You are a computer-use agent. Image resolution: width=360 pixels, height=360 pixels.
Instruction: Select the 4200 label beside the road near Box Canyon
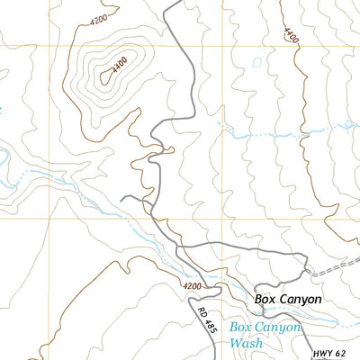click(x=191, y=286)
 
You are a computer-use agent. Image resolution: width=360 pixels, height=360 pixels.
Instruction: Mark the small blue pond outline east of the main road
click(x=258, y=64)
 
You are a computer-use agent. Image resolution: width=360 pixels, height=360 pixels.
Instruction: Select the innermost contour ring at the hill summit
click(x=109, y=76)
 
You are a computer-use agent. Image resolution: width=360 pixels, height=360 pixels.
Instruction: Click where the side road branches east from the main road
click(x=179, y=245)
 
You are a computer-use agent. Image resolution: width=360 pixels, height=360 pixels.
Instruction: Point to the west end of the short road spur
click(x=122, y=198)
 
